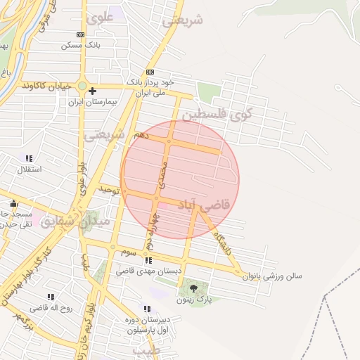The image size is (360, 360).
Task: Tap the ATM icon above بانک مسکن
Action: [x=81, y=34]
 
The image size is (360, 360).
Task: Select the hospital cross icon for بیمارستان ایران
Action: [x=92, y=91]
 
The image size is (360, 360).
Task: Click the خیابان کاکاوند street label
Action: [x=47, y=86]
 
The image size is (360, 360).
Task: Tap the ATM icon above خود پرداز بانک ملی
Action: [x=149, y=72]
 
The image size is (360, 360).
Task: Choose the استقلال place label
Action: [x=29, y=169]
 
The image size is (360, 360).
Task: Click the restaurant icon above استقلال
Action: [x=29, y=158]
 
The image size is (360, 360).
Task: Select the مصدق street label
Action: [x=163, y=173]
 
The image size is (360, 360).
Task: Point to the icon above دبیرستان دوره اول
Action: [x=146, y=309]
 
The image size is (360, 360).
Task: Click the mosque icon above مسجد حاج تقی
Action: [x=13, y=203]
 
